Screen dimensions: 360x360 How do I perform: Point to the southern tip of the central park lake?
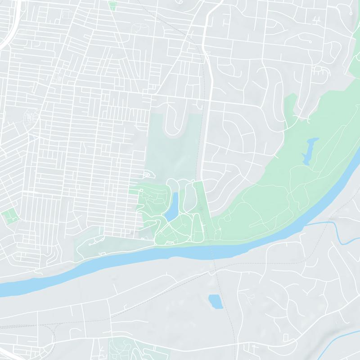point(166,220)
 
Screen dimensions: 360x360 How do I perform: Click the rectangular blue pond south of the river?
point(216,301)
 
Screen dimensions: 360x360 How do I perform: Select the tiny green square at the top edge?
point(112,6)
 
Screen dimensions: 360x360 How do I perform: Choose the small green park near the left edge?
point(9,216)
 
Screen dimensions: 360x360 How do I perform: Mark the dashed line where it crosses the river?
point(213,254)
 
